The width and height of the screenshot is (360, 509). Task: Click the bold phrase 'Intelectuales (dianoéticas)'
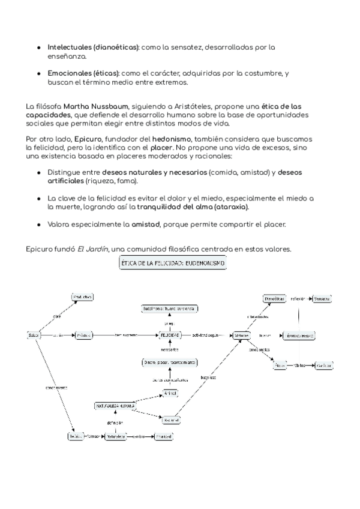(x=93, y=46)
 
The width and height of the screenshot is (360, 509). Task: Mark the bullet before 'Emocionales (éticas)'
(x=40, y=73)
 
